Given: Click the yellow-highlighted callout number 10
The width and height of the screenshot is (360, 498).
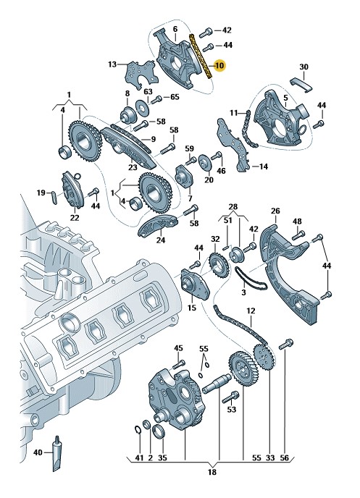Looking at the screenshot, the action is [219, 66].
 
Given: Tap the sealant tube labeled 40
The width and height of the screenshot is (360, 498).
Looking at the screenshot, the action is [57, 454].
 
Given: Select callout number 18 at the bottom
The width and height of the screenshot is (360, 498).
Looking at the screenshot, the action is [212, 472].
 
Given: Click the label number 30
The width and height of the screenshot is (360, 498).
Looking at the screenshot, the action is [304, 67].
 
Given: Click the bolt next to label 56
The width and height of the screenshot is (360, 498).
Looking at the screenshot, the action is [285, 345].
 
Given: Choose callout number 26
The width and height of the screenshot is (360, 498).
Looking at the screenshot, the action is [275, 211].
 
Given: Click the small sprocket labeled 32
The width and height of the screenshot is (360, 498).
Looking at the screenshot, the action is [217, 266].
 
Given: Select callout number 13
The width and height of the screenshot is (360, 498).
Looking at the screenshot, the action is [112, 64].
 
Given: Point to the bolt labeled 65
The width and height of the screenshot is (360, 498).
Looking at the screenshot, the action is [156, 100].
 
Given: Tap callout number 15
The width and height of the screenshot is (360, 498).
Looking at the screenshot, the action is [192, 308].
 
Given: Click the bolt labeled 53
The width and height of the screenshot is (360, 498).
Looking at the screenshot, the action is [230, 397].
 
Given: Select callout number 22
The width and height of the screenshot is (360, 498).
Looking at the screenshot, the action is [75, 218].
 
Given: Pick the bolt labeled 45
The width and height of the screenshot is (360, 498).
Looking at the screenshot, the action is [179, 365].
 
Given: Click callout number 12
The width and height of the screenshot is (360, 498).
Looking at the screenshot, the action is [251, 311].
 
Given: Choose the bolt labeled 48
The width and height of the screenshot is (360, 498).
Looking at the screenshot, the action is [298, 235].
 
